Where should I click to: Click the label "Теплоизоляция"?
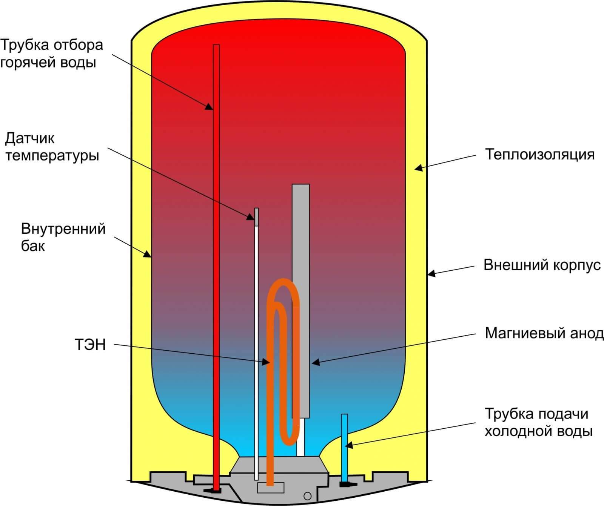(540, 155)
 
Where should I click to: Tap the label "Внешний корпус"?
(542, 265)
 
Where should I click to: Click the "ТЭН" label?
(90, 345)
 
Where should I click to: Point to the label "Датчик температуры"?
(52, 147)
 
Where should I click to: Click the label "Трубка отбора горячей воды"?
(51, 53)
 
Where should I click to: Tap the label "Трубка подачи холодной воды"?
(538, 422)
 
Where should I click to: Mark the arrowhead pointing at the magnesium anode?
(316, 362)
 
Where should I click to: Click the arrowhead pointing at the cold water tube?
(349, 445)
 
